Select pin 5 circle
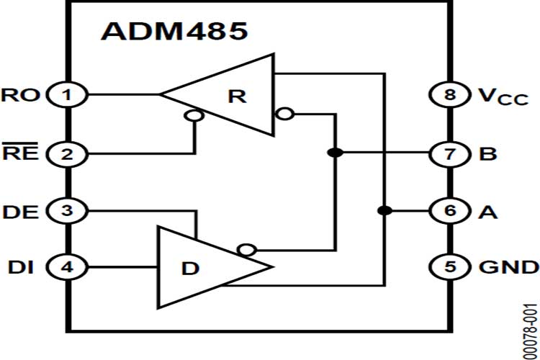coord(450,267)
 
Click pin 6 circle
coord(450,211)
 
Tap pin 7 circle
coord(450,153)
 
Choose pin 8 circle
coord(450,94)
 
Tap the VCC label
coord(503,96)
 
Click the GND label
coord(508,267)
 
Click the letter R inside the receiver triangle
coord(236,96)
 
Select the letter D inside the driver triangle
coord(189,269)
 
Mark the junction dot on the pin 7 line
coord(333,153)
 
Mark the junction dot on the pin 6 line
coord(384,211)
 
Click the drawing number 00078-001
coord(529,324)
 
